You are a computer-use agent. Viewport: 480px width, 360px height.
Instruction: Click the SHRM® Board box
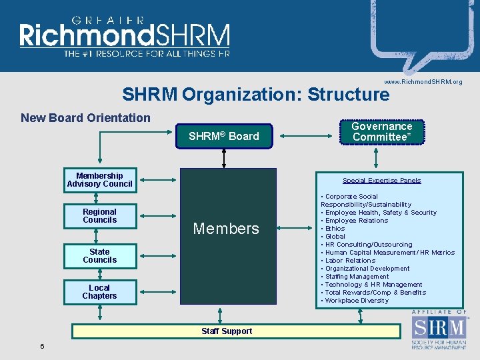223,137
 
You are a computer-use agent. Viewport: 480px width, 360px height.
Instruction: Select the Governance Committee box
381,132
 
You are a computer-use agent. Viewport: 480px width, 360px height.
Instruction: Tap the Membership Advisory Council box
99,180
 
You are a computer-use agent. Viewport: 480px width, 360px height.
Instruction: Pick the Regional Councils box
99,216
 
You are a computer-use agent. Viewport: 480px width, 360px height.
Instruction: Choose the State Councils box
99,256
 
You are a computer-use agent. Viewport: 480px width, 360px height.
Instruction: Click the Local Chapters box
99,292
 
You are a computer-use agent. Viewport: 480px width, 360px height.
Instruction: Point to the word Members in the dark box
225,229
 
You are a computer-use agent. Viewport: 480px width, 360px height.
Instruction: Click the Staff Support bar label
227,331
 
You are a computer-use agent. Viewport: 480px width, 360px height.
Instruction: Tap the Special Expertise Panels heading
381,181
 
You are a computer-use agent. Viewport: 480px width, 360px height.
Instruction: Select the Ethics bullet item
335,229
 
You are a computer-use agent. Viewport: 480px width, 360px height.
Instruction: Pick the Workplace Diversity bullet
357,301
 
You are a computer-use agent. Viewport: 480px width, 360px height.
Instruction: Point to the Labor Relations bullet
350,261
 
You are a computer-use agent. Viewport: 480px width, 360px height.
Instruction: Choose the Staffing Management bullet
357,277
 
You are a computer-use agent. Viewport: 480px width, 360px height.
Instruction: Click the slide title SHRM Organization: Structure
255,95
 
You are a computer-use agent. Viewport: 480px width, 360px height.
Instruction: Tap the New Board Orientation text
85,118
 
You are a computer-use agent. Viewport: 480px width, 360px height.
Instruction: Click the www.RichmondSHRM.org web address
423,82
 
